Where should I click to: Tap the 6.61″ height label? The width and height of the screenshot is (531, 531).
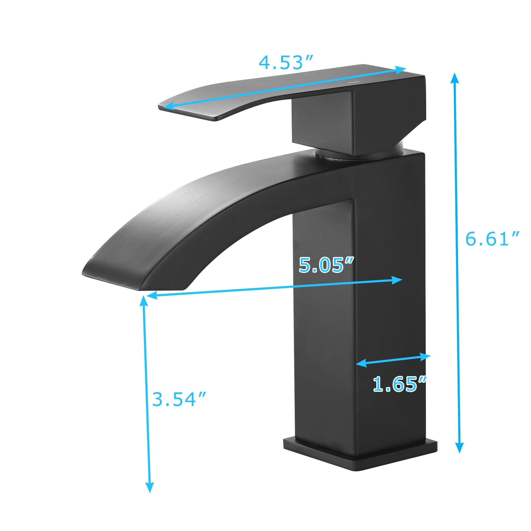pos(492,239)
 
